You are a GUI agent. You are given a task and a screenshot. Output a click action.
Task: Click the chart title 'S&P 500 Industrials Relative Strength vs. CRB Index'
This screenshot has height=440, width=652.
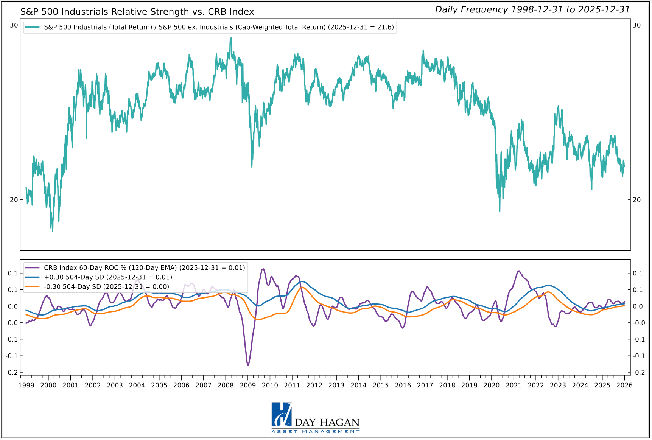137,12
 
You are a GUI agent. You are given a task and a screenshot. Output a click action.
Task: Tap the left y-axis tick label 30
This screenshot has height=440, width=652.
14,25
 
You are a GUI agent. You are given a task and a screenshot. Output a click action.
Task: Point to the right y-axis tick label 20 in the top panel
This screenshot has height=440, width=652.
637,200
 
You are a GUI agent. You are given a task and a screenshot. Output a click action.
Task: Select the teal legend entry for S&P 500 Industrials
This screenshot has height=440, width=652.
219,27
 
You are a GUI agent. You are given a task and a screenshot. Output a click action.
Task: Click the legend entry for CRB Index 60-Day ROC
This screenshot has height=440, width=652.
144,268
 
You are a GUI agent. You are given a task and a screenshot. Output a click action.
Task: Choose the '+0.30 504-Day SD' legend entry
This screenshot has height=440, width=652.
108,277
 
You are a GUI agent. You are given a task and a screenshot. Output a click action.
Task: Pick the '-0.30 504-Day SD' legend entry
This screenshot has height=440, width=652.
106,287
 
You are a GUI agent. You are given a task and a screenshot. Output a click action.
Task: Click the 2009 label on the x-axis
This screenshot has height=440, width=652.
248,385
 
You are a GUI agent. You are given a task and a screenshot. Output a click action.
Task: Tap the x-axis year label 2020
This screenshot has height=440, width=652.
492,385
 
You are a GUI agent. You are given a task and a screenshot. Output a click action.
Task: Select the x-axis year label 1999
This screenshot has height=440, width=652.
26,385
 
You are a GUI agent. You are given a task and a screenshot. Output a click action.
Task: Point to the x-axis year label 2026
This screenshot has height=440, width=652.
624,385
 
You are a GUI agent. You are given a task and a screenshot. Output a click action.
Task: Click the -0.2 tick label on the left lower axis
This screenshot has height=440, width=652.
12,373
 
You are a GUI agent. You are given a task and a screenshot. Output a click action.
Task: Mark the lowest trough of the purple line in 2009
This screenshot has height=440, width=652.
248,365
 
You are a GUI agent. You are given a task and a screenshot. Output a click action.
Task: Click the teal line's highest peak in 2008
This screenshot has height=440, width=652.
231,38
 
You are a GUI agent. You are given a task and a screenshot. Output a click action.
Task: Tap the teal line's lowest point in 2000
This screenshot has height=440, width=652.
52,231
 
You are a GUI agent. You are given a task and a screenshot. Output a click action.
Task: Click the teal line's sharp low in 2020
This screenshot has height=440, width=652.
500,211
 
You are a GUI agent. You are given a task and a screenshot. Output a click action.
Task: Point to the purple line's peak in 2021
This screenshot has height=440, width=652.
518,271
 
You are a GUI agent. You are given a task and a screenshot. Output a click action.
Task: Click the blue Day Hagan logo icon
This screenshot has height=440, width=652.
281,415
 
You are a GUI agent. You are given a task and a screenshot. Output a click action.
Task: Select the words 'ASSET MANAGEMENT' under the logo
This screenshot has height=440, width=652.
316,432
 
